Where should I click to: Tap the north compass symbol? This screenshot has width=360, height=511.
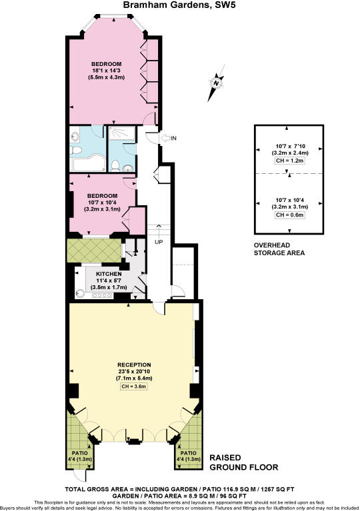point(215,83)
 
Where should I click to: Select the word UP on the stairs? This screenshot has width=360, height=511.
point(158,241)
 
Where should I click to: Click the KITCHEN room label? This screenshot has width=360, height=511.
point(108,274)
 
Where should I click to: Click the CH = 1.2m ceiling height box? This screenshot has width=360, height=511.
point(289,161)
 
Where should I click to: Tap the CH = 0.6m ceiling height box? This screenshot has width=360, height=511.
point(289,215)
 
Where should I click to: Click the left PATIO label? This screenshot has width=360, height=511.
point(79,453)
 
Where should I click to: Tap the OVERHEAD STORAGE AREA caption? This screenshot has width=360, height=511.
point(279,249)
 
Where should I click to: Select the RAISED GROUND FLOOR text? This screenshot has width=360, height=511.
point(244,462)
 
